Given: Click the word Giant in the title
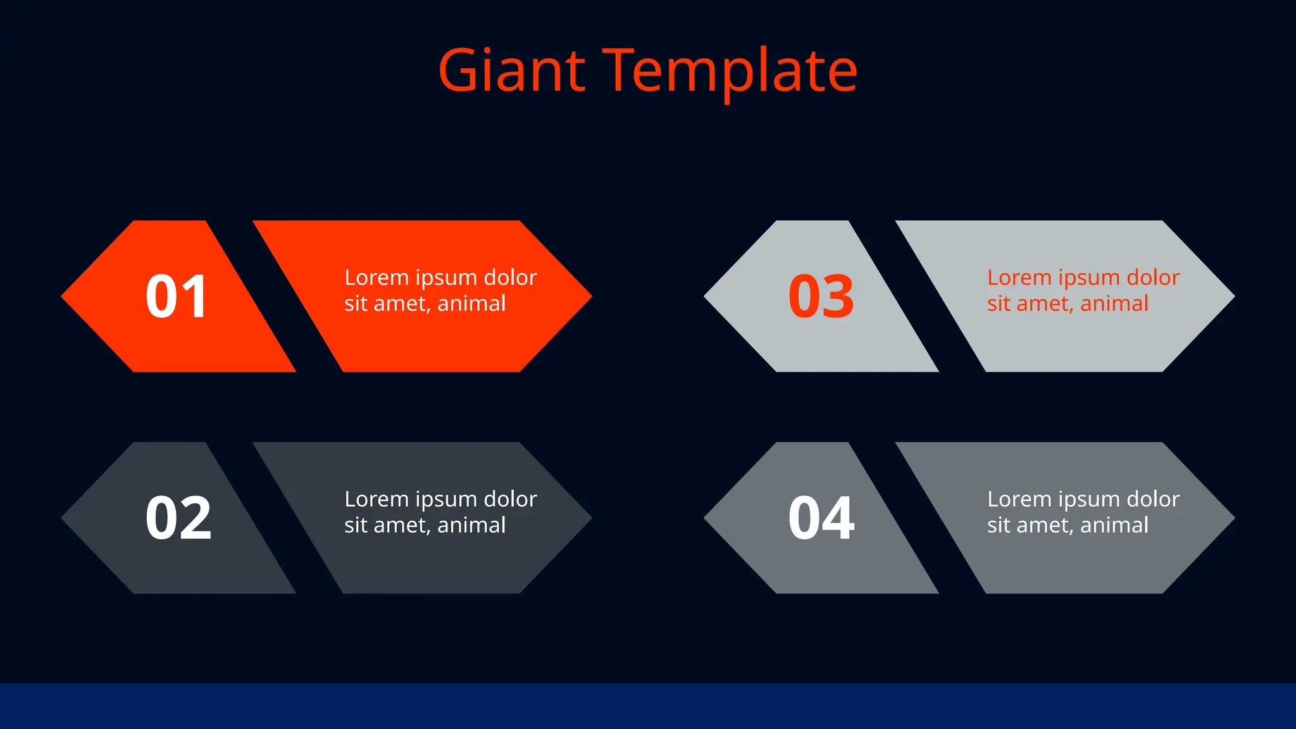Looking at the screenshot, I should click(511, 71).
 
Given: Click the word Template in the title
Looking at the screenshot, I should click(732, 71).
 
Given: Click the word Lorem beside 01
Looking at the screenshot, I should click(377, 277).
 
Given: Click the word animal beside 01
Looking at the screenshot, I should click(471, 304).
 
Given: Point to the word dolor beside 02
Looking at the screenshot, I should click(510, 499).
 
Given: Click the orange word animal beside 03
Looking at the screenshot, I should click(1114, 304).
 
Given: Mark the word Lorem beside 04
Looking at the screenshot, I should click(1019, 499).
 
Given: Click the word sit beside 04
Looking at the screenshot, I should click(998, 525).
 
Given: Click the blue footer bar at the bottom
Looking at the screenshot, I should click(648, 706).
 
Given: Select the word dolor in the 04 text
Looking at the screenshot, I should click(1153, 499).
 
